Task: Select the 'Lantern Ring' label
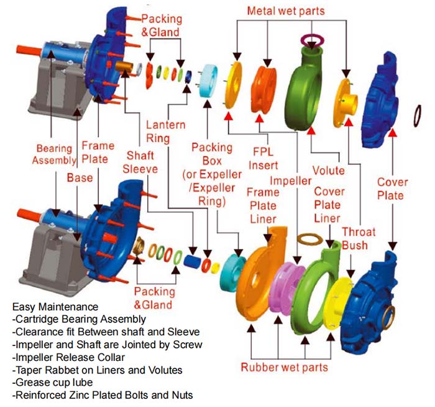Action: (x=165, y=131)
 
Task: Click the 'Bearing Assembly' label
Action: (x=55, y=155)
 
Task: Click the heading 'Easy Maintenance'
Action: (x=55, y=307)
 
